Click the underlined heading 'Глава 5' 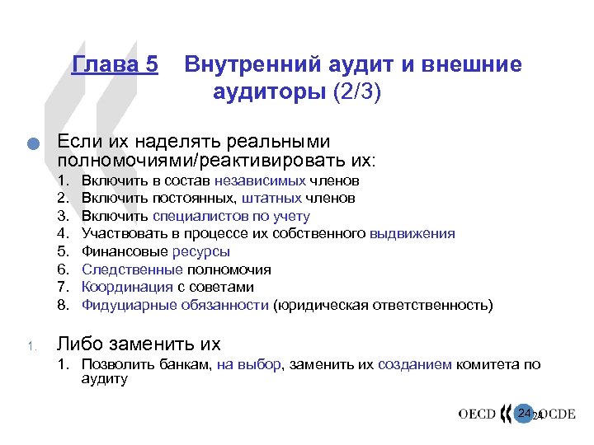click(115, 65)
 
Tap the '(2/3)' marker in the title click(356, 90)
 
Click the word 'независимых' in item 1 click(260, 180)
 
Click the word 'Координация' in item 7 click(128, 288)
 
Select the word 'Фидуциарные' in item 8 click(128, 306)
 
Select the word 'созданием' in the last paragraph click(414, 364)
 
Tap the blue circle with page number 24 click(523, 412)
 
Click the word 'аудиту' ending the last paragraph click(104, 378)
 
